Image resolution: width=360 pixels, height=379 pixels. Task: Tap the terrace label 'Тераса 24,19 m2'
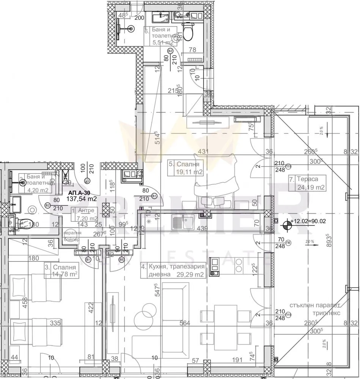point(307,183)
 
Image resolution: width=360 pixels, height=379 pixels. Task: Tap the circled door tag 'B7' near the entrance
point(88,181)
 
